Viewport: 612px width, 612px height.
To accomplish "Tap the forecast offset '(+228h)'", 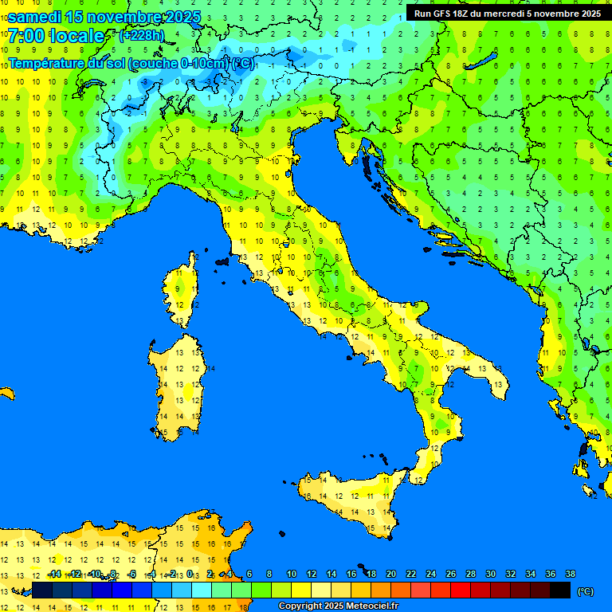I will click(x=142, y=35).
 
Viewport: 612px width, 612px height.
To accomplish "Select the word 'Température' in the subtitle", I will click(x=45, y=62).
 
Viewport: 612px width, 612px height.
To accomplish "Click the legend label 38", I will click(x=571, y=574).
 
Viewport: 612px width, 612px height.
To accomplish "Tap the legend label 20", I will click(x=391, y=574).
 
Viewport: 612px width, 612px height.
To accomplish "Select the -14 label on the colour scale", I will click(x=55, y=574).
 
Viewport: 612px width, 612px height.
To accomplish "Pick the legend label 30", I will click(x=491, y=574).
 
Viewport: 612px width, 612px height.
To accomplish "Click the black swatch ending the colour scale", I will click(x=560, y=590).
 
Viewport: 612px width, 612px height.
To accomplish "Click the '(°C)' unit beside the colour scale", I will click(x=586, y=590).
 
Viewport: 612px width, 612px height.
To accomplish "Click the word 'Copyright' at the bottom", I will click(x=299, y=606).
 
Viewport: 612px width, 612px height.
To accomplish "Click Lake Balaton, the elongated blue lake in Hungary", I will click(x=481, y=62).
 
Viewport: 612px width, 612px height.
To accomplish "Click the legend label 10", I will click(x=292, y=574).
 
